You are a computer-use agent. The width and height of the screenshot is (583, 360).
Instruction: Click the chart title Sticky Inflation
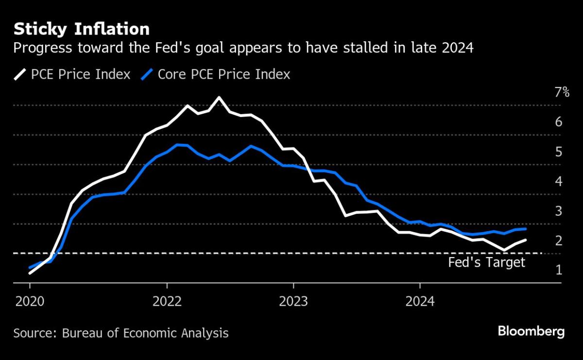point(81,29)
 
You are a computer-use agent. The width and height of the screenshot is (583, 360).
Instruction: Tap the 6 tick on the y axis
point(559,121)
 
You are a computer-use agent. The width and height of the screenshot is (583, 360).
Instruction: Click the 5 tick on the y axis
point(559,152)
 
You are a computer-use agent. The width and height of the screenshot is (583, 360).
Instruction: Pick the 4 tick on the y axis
point(559,181)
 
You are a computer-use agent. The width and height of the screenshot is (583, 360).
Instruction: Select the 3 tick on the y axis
point(559,211)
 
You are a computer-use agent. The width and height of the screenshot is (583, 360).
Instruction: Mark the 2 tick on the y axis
point(559,240)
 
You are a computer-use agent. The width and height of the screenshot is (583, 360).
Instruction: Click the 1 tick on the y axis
point(559,270)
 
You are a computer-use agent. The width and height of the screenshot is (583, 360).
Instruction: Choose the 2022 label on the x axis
point(167,301)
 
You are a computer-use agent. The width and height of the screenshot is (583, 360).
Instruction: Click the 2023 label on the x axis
point(293,301)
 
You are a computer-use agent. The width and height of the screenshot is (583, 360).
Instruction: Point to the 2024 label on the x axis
point(420,301)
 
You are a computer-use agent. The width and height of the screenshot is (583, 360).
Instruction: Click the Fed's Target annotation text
point(486,263)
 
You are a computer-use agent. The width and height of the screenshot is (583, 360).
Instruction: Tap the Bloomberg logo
point(531,332)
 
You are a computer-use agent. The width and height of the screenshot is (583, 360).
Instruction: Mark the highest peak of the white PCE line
point(219,98)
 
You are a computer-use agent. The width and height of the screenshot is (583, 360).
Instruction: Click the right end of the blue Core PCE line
point(526,229)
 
